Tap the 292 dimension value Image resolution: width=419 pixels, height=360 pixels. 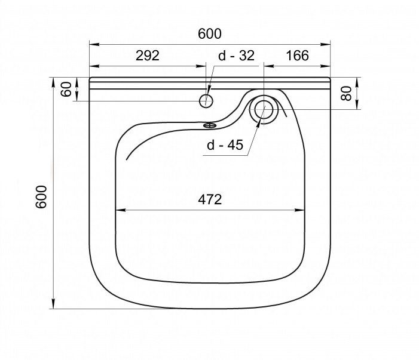148,56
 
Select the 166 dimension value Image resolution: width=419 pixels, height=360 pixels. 297,56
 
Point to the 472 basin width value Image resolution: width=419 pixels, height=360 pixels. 210,199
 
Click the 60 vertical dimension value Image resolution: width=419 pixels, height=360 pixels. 66,89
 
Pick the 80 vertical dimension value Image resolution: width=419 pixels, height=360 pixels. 346,93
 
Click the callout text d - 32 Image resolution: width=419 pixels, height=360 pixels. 237,56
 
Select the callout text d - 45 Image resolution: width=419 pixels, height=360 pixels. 225,145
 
